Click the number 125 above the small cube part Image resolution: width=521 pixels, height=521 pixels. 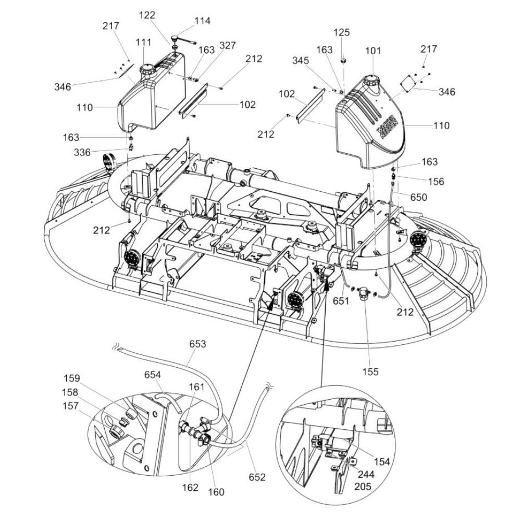[342, 33]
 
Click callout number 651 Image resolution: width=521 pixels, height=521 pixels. [341, 301]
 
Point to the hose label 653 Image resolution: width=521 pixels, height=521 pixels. [197, 344]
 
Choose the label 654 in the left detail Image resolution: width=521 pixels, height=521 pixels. [153, 375]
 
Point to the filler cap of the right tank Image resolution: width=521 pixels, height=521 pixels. [373, 80]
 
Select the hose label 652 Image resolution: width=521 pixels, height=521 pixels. [257, 477]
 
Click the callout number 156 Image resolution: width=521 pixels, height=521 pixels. [436, 181]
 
